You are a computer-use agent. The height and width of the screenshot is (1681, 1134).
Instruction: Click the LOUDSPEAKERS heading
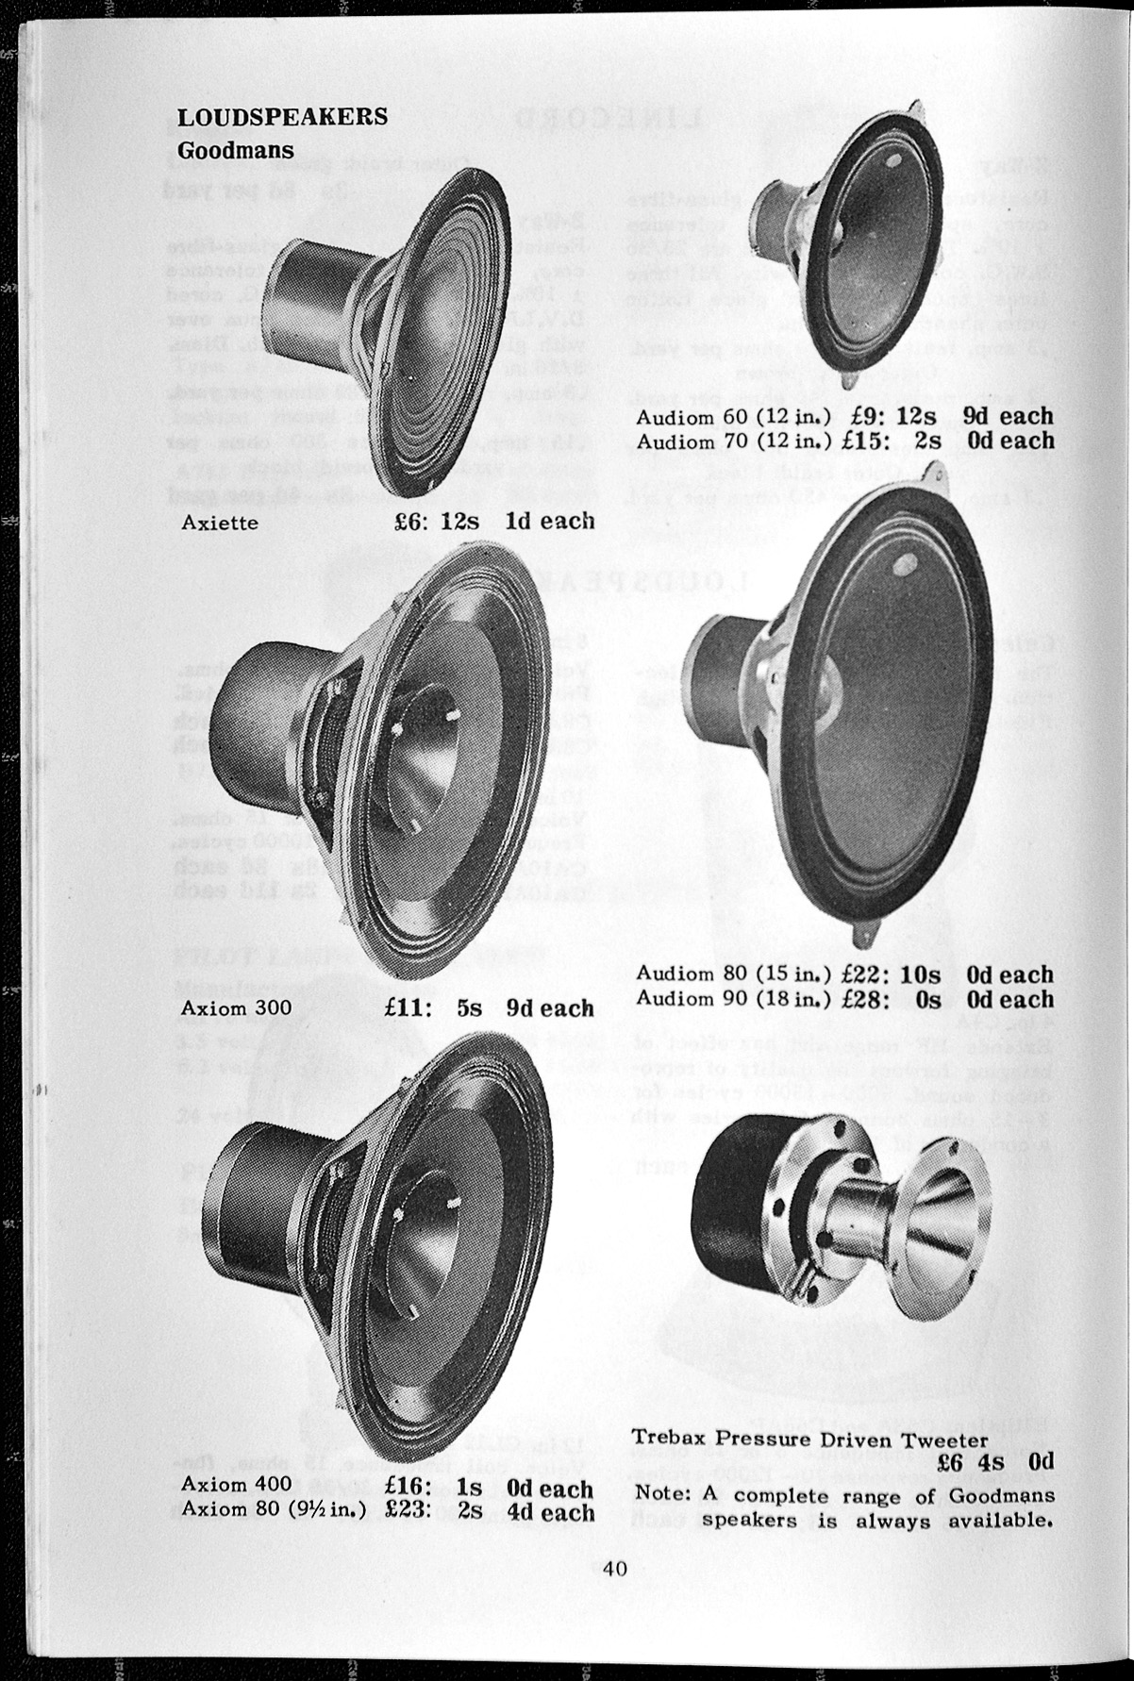pyautogui.click(x=282, y=116)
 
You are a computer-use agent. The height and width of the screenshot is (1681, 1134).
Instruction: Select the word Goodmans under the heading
pyautogui.click(x=236, y=150)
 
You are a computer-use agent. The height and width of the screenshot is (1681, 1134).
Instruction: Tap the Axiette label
pyautogui.click(x=219, y=523)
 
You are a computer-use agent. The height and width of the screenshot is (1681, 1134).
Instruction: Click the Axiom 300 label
pyautogui.click(x=236, y=1008)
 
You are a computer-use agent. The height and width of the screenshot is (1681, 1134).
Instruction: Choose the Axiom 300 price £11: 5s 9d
pyautogui.click(x=489, y=1008)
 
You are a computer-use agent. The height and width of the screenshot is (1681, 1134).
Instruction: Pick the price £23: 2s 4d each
pyautogui.click(x=489, y=1509)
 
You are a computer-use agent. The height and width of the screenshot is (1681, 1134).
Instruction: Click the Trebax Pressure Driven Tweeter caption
pyautogui.click(x=809, y=1440)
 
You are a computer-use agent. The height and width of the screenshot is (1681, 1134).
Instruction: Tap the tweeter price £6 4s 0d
pyautogui.click(x=995, y=1463)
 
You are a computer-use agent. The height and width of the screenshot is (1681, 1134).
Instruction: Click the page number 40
pyautogui.click(x=615, y=1570)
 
